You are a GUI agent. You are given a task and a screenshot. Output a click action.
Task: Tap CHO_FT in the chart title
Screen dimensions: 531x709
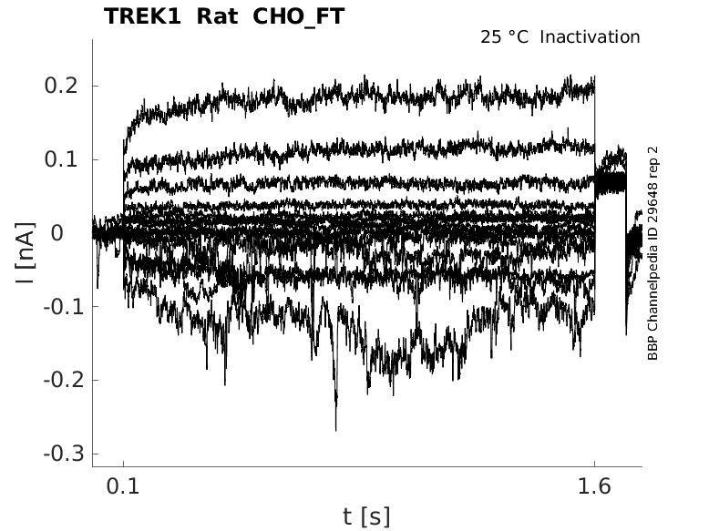coord(300,16)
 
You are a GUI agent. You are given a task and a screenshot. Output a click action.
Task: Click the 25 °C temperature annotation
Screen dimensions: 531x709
coord(505,37)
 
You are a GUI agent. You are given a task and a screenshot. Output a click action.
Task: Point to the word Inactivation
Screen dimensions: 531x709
coord(591,37)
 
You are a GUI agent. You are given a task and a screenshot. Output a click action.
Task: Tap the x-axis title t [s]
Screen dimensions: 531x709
coord(366,516)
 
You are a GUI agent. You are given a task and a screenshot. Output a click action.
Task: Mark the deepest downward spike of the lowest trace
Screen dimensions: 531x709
coord(335,428)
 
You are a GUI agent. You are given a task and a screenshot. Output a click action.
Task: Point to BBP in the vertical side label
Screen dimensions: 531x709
coord(652,350)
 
